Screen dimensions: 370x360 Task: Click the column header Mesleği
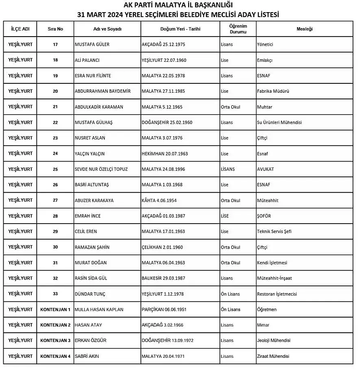click(x=304, y=29)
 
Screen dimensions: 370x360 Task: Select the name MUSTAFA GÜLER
click(x=92, y=44)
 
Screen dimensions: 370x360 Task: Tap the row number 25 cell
click(x=55, y=169)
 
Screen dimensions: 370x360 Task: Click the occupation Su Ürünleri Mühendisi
click(x=279, y=122)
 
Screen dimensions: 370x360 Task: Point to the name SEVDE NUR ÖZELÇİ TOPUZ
click(x=101, y=169)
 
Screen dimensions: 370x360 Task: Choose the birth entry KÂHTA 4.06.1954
click(x=159, y=200)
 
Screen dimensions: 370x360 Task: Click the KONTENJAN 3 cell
click(x=55, y=341)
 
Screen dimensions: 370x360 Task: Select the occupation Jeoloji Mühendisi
click(x=273, y=341)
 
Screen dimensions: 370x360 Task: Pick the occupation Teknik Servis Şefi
click(x=274, y=232)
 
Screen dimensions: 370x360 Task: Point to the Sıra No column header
click(x=55, y=29)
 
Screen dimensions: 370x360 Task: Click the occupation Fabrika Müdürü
click(x=273, y=91)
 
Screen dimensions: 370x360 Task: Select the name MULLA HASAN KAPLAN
click(x=99, y=309)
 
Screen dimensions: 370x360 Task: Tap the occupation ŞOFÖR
click(x=264, y=216)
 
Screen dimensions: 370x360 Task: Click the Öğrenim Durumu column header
click(x=238, y=28)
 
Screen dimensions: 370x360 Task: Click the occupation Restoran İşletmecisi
click(x=277, y=294)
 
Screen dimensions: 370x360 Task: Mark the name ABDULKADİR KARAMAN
click(x=99, y=107)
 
